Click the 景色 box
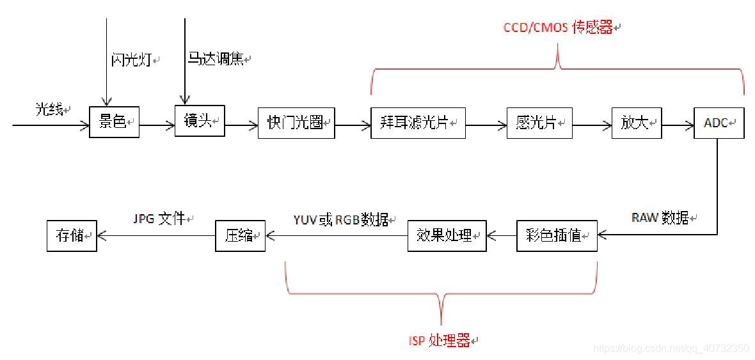114,121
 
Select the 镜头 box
200,120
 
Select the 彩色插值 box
557,235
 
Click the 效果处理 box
447,235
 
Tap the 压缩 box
240,235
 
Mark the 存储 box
72,235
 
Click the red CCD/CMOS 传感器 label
558,27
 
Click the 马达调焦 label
216,59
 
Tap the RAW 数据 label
661,217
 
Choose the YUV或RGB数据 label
341,220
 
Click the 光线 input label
49,109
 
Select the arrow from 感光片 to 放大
592,125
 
